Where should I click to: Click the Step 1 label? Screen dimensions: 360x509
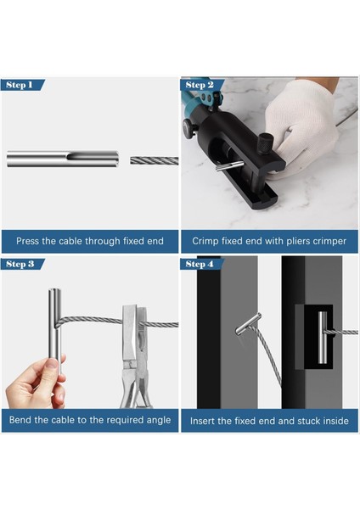(20, 85)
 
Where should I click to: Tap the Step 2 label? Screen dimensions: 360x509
(200, 85)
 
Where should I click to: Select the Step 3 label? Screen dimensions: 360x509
(20, 264)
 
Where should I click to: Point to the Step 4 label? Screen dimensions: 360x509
(200, 264)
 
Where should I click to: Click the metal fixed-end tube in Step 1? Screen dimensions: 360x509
(62, 159)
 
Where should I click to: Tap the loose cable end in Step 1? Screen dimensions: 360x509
(155, 160)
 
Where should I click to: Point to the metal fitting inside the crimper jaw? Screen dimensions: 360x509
(229, 165)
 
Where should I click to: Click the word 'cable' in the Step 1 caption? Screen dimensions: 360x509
(62, 241)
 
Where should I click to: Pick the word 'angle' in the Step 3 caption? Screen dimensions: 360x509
(159, 420)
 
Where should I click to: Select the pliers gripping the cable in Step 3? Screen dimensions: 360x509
(135, 356)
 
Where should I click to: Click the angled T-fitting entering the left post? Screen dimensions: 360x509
(248, 324)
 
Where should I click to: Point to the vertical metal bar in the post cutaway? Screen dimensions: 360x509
(323, 338)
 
